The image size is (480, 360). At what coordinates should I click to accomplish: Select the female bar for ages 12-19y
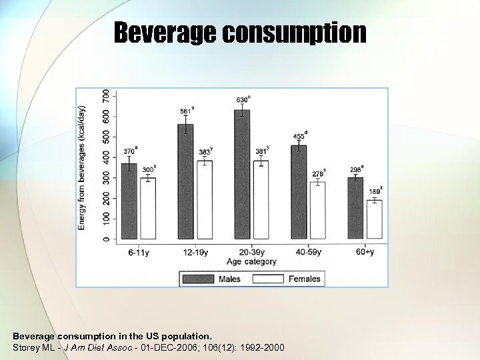(205, 200)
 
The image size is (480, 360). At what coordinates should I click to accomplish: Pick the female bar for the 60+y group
(375, 220)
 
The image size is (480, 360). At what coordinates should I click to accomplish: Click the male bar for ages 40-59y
(299, 193)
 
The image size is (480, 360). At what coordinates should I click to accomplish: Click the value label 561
(186, 111)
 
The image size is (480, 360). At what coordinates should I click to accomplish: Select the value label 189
(375, 191)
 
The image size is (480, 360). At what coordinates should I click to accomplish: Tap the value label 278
(318, 173)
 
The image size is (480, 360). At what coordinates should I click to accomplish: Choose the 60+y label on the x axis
(365, 252)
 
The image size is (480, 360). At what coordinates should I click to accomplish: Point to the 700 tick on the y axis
(105, 96)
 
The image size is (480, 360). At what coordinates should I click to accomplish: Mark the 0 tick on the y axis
(105, 239)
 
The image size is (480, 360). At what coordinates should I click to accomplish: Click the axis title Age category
(251, 261)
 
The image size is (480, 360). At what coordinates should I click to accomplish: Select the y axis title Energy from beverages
(83, 159)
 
